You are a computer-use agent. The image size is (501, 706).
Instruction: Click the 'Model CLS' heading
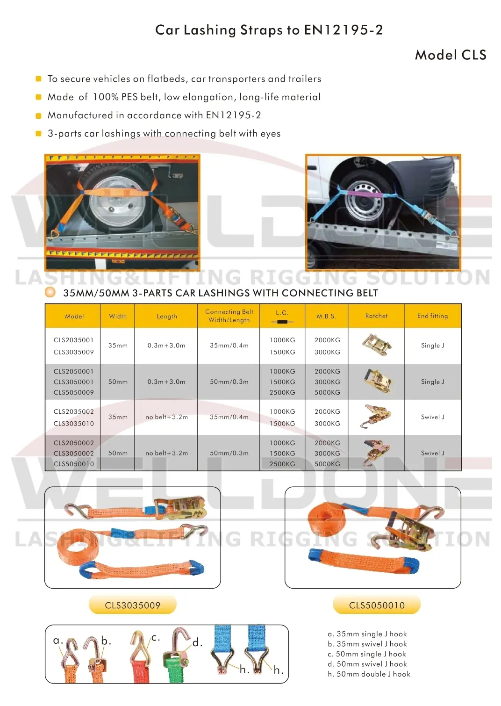(451, 55)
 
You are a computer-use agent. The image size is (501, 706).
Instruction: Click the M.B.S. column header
(326, 316)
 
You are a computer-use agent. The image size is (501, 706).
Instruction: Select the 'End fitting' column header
(432, 316)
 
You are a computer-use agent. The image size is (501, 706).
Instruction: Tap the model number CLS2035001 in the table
(73, 340)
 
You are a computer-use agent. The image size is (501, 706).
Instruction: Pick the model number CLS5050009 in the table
(73, 392)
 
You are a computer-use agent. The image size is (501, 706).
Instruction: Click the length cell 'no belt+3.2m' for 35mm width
(166, 417)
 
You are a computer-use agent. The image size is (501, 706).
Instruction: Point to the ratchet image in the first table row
(377, 345)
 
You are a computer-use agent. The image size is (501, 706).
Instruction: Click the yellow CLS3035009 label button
(133, 605)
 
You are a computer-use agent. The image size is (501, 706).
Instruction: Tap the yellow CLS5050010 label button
(377, 605)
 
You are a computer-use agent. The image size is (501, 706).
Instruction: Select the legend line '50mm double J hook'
(369, 674)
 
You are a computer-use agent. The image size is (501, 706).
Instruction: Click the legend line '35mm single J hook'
(367, 634)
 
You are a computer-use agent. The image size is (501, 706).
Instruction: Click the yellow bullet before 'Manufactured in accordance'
(39, 115)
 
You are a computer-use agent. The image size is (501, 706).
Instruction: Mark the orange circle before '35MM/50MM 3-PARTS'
(50, 293)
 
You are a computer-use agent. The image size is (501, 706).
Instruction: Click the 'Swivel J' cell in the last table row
(432, 453)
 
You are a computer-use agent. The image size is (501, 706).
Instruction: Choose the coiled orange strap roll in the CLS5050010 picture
(327, 523)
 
